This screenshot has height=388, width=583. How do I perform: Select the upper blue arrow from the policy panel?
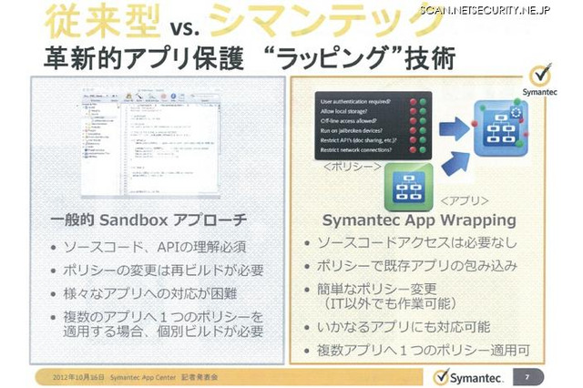coord(455,119)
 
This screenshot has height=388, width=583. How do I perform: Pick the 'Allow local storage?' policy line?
coord(347,110)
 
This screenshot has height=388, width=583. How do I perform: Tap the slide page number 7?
coord(527,375)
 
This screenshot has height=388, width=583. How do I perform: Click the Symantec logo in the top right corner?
coord(541,82)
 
